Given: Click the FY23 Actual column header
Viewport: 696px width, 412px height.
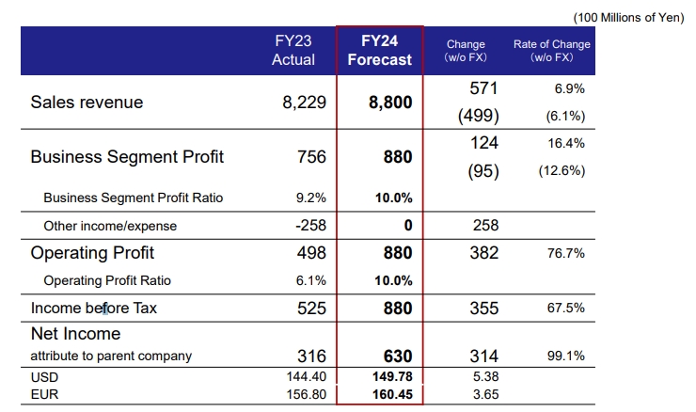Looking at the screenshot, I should point(293,51).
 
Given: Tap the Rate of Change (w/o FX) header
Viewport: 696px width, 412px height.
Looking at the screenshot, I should point(552,51).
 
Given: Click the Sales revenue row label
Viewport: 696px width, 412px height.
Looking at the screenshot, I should point(87,103).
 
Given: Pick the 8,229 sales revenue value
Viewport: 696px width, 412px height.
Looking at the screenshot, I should point(304,103).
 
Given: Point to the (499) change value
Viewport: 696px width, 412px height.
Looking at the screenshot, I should point(478,117).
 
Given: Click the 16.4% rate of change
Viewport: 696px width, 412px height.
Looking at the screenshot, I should point(567,143).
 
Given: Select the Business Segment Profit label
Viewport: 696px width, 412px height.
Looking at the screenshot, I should point(127,157).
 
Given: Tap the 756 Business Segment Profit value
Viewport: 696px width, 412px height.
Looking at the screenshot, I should point(311,157).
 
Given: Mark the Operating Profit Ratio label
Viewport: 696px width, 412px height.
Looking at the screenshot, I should point(107,280).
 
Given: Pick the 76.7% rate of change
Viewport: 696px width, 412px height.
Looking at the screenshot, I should point(567,253).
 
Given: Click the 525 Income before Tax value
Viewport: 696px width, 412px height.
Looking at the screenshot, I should point(311,308).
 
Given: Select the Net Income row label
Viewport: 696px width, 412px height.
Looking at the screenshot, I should point(75,334).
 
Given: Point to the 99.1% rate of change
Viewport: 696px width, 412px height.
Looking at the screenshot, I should point(567,356).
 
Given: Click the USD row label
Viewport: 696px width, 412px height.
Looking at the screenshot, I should point(45,375).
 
